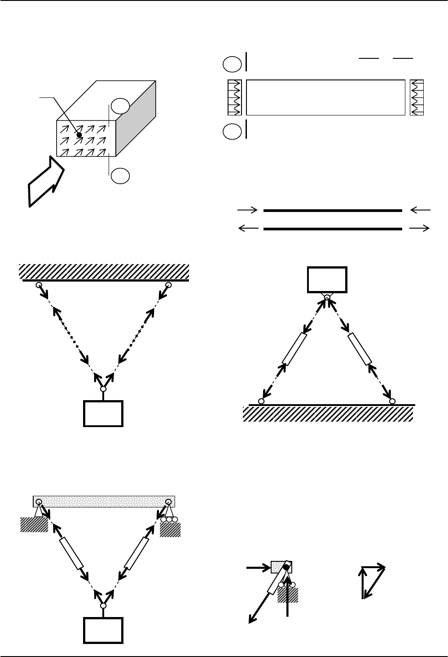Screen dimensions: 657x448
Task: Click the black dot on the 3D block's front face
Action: click(x=79, y=134)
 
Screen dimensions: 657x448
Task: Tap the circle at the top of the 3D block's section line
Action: click(x=120, y=106)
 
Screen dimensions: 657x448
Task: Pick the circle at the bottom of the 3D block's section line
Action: click(x=120, y=176)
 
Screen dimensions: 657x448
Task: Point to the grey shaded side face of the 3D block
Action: click(x=136, y=119)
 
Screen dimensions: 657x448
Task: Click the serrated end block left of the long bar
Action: click(x=235, y=97)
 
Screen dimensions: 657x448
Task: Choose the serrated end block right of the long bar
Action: click(x=417, y=97)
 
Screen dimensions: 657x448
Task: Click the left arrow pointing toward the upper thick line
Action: click(x=247, y=210)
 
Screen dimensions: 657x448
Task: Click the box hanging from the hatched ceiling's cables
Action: click(x=103, y=413)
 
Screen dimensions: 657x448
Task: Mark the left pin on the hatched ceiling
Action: click(x=39, y=285)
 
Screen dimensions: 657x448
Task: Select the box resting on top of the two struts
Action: click(x=327, y=279)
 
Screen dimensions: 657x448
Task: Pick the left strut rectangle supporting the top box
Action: click(x=294, y=348)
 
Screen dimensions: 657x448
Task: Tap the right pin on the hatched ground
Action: click(x=392, y=401)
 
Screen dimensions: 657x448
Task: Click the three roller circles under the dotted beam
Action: click(x=169, y=520)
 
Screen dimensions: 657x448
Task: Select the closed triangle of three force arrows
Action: click(x=373, y=579)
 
